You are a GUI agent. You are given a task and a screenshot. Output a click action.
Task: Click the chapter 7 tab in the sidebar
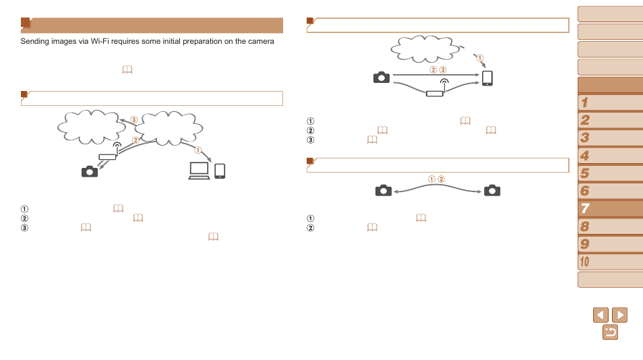[609, 208]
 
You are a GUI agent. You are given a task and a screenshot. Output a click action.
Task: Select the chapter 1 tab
[609, 102]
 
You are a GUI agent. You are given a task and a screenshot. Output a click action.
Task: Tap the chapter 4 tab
[609, 156]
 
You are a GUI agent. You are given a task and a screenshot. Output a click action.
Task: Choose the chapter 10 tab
[609, 262]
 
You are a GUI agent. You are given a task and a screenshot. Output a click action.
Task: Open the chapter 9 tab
[609, 244]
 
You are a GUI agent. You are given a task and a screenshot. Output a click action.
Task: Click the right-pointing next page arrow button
[619, 315]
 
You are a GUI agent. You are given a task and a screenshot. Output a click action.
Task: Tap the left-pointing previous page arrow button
[601, 315]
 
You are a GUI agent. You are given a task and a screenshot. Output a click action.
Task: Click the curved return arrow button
[610, 332]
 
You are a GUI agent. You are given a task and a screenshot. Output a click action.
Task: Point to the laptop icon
[199, 171]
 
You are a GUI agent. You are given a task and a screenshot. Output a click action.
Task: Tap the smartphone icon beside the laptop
[220, 171]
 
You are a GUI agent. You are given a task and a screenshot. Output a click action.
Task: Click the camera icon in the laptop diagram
[90, 171]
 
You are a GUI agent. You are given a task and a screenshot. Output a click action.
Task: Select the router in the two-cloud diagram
[107, 156]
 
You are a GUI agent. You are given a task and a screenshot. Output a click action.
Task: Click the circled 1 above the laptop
[198, 150]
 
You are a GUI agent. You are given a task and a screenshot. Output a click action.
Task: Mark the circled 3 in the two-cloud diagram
[134, 120]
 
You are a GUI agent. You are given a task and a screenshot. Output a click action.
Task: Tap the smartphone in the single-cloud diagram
[487, 78]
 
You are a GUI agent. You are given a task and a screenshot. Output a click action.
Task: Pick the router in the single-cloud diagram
[435, 92]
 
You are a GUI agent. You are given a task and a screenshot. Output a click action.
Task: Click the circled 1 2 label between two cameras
[437, 179]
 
